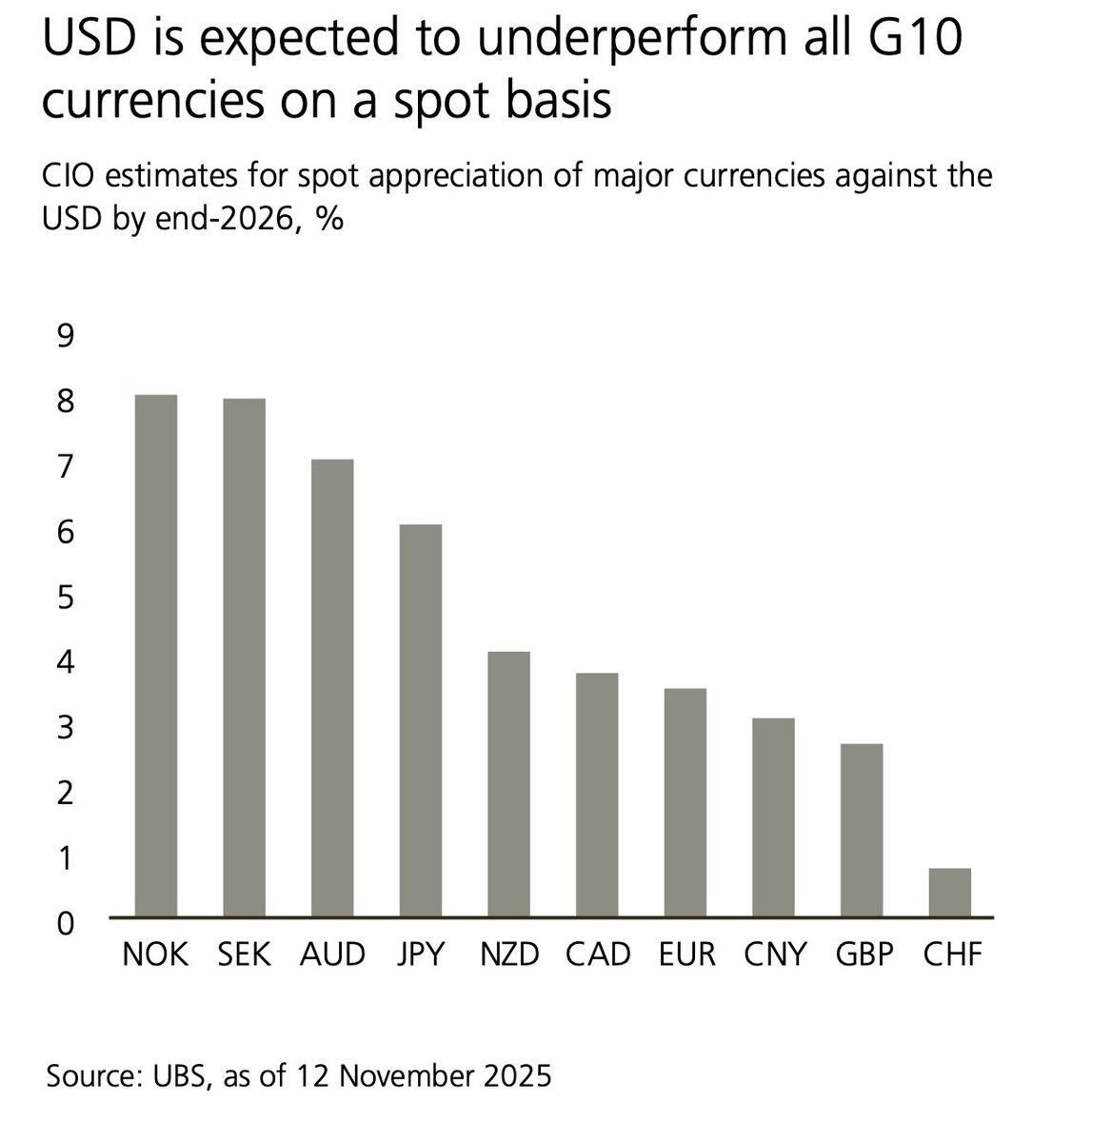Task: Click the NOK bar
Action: pos(156,656)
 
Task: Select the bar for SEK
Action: pos(244,658)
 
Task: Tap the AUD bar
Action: pos(332,688)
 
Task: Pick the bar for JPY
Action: pos(421,720)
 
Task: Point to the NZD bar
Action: pos(508,784)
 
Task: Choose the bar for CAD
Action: pos(597,795)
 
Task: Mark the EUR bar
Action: pos(685,802)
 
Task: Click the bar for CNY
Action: pos(773,817)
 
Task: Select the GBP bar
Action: pos(862,830)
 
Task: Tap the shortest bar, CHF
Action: pos(950,893)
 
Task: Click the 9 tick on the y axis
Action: pos(66,337)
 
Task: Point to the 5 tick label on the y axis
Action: pos(66,598)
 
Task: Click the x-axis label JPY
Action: pos(421,955)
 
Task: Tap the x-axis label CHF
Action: pos(952,955)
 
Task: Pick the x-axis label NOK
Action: pos(156,955)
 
